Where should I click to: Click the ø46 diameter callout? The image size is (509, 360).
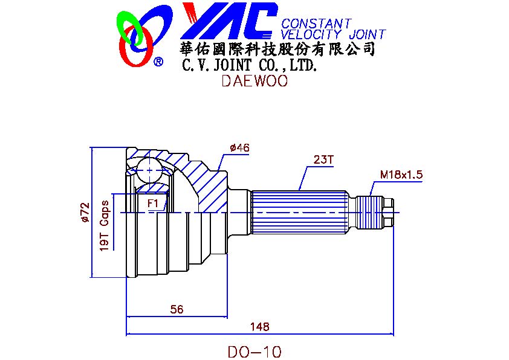239,147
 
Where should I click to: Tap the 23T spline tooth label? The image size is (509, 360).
323,159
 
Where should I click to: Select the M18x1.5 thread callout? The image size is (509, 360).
401,175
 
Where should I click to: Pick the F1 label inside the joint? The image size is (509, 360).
153,204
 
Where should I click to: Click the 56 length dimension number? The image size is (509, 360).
177,309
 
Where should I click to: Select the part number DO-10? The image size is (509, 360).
255,352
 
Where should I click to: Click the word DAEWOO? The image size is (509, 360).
254,81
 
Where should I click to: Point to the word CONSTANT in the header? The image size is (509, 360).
316,24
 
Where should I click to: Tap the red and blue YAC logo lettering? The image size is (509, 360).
230,21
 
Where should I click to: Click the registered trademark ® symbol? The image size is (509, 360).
158,62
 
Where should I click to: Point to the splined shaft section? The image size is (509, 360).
300,213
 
